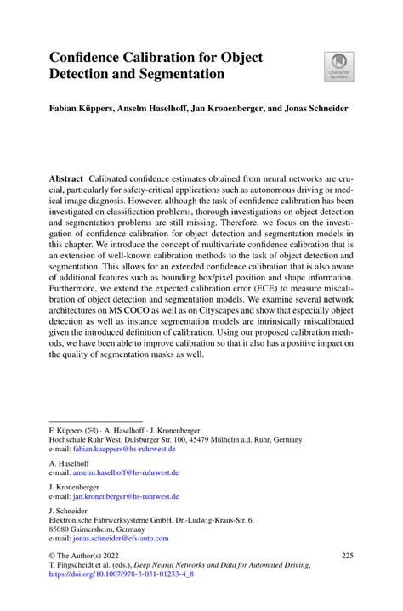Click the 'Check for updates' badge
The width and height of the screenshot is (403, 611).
tap(338, 66)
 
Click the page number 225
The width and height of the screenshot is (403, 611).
tap(346, 555)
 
